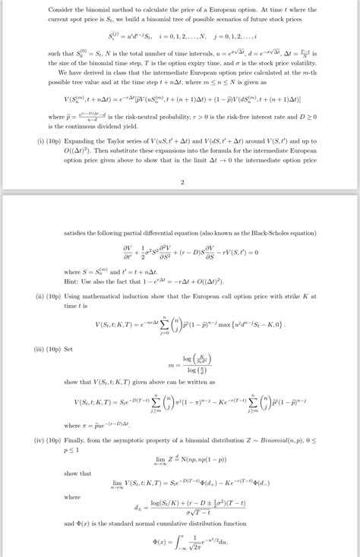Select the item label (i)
click(39, 140)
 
